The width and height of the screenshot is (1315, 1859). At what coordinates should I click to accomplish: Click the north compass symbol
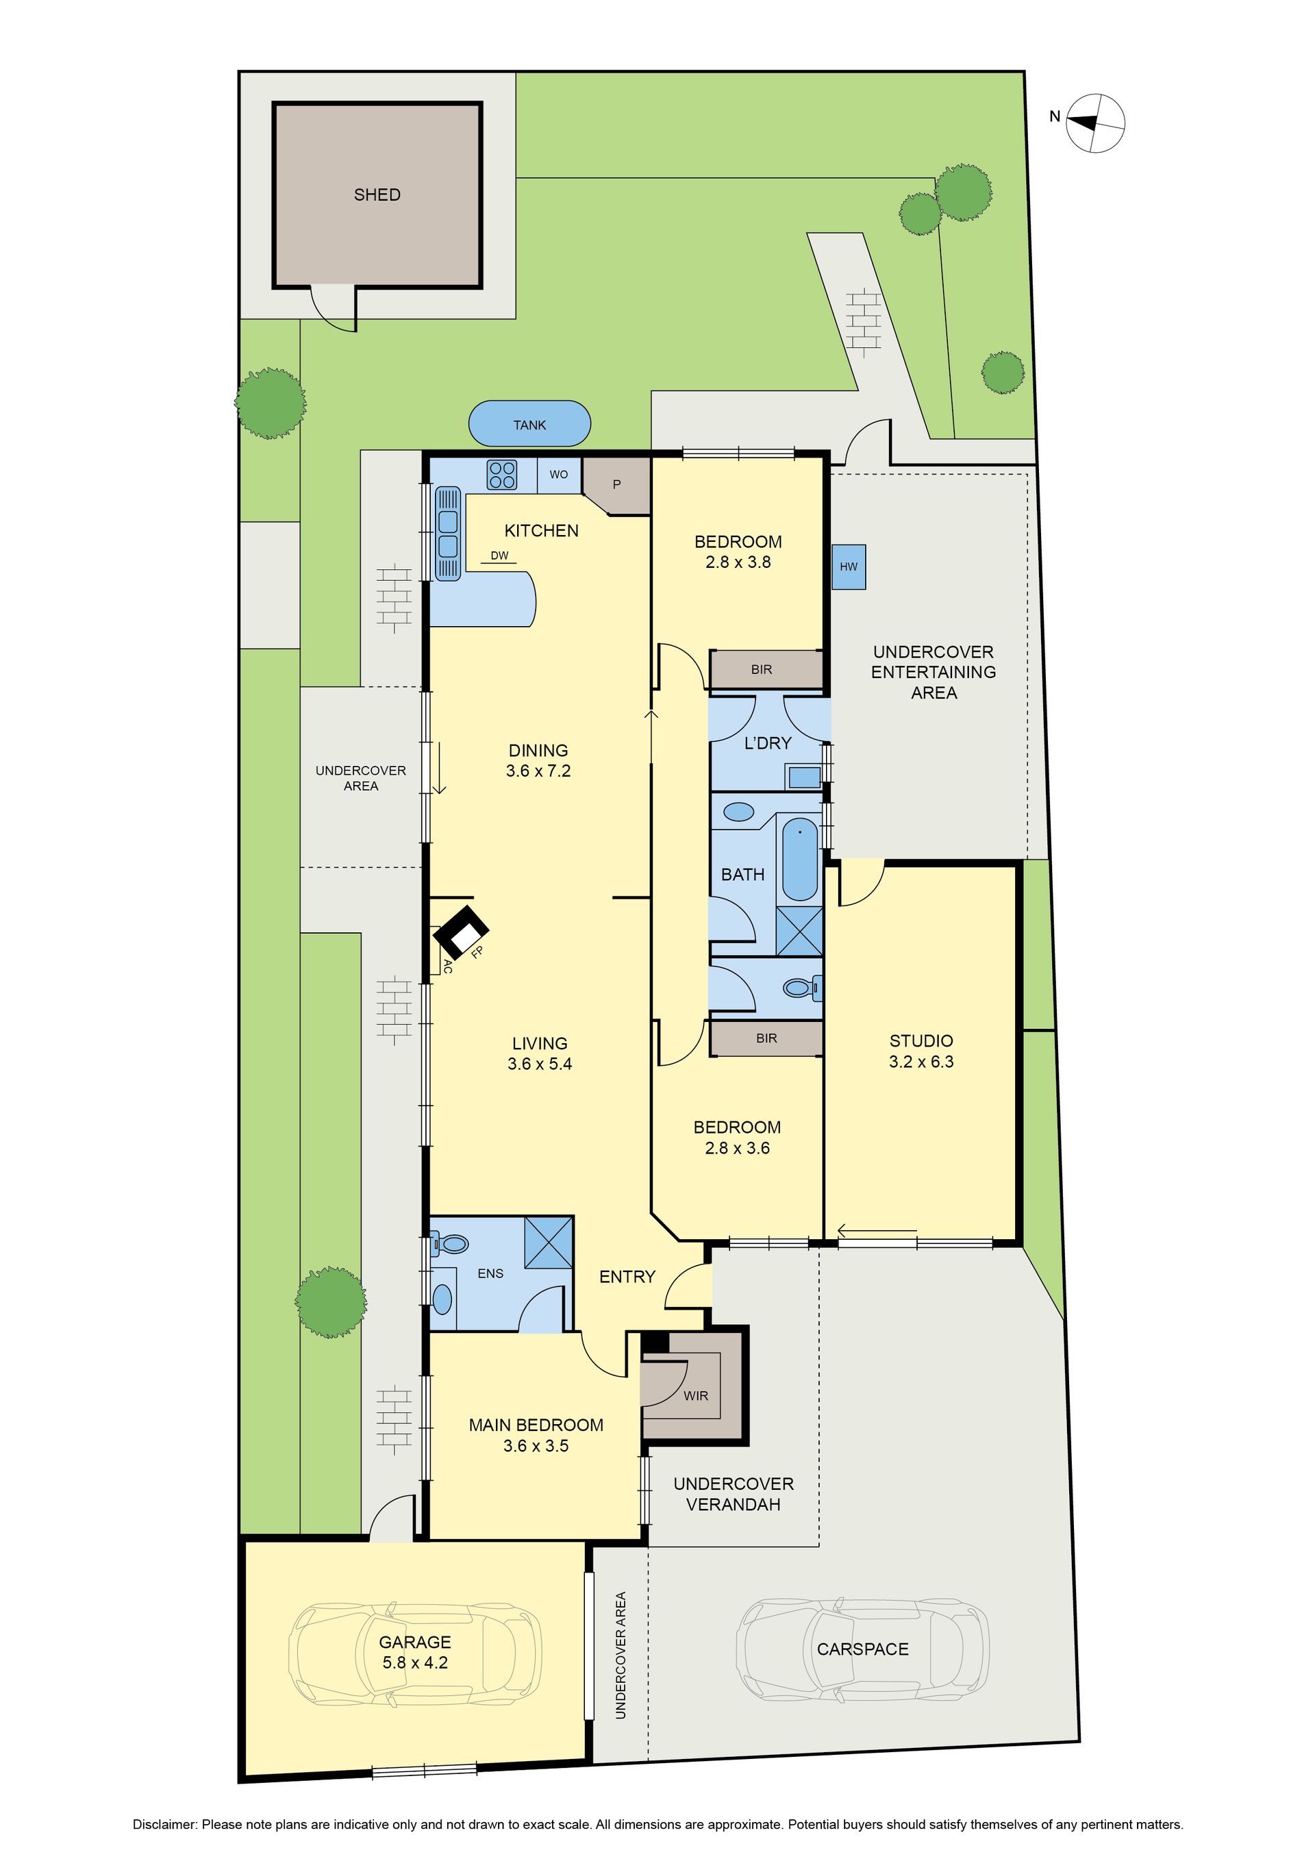1094,122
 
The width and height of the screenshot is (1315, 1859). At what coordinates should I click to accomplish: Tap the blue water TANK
529,423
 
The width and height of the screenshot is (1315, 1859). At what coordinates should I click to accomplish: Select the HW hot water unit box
849,566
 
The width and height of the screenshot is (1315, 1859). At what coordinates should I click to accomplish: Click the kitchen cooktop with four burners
502,475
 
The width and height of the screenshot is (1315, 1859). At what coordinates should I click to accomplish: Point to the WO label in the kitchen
559,475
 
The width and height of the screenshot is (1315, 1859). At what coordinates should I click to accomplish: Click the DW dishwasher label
499,556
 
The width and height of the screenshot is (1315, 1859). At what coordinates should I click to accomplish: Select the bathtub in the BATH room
800,859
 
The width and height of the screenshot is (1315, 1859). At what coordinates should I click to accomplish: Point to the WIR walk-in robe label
696,1395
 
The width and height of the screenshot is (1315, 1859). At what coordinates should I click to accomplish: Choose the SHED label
377,195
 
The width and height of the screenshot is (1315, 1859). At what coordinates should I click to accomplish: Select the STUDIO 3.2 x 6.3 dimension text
921,1062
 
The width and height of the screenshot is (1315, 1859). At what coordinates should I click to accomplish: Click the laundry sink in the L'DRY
805,777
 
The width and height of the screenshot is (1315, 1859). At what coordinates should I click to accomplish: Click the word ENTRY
627,1277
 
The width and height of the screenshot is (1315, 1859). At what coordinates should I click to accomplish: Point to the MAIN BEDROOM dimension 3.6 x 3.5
536,1445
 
